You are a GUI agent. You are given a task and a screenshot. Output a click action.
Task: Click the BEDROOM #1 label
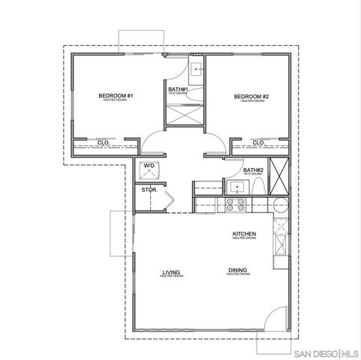click(116, 96)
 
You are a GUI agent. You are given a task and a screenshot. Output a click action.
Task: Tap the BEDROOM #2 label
click(251, 96)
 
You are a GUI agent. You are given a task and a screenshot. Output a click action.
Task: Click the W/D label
click(149, 165)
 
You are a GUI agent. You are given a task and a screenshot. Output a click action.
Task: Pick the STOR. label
click(149, 190)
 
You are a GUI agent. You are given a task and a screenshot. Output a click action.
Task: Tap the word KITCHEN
click(245, 234)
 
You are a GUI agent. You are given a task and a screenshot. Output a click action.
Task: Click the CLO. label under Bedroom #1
click(104, 142)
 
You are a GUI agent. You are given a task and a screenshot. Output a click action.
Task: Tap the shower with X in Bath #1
click(183, 115)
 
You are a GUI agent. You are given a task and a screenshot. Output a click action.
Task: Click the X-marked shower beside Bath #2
click(279, 175)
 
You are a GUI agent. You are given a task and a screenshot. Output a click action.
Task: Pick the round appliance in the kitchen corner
click(279, 205)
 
